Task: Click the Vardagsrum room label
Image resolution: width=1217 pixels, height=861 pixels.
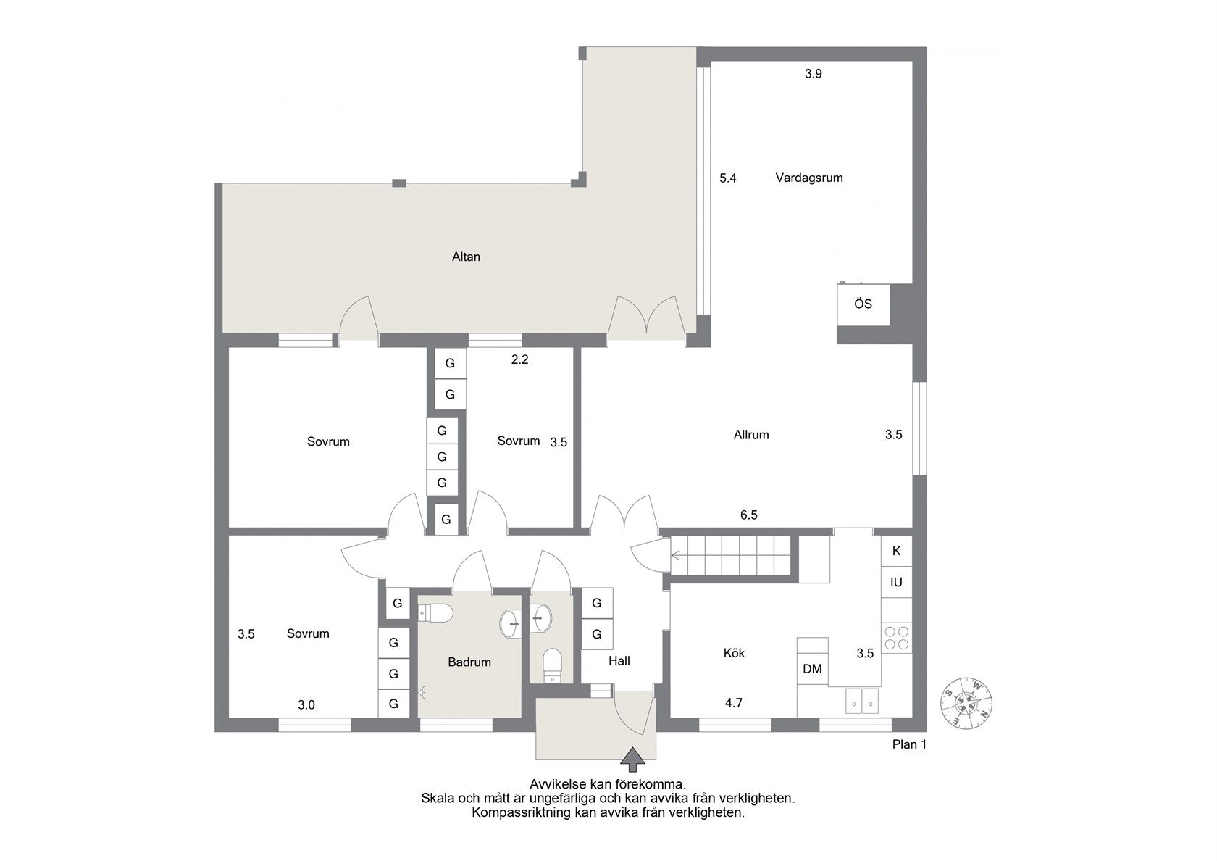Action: point(809,178)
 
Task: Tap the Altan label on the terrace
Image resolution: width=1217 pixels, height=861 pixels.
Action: point(467,257)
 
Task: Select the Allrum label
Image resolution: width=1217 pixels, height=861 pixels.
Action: point(751,435)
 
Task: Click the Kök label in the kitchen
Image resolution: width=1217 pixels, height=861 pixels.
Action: point(734,653)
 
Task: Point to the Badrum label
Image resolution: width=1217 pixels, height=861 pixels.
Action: point(469,662)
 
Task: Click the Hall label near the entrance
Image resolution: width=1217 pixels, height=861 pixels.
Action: point(619,660)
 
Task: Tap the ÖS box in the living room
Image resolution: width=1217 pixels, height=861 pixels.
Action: point(863,304)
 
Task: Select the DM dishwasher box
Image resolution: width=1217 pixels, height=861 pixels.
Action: point(812,669)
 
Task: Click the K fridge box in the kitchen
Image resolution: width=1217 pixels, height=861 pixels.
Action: point(897,551)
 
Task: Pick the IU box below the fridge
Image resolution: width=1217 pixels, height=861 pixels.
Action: point(897,582)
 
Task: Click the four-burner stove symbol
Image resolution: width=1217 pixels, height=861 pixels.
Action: point(897,638)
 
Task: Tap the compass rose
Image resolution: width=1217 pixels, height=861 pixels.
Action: point(966,703)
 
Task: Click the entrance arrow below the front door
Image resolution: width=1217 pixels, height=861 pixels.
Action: point(632,760)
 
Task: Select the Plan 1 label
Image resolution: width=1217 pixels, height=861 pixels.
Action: point(909,744)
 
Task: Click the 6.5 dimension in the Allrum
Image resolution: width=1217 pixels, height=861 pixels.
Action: point(749,515)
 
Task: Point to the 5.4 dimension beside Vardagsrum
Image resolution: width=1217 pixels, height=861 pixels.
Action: point(728,178)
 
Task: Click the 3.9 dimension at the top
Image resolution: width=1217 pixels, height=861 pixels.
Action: point(814,74)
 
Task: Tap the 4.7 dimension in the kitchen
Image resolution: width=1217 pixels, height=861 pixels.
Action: point(733,703)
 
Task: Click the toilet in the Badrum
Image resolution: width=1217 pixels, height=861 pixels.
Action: point(436,613)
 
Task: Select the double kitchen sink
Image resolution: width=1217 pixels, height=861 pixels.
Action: point(862,702)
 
